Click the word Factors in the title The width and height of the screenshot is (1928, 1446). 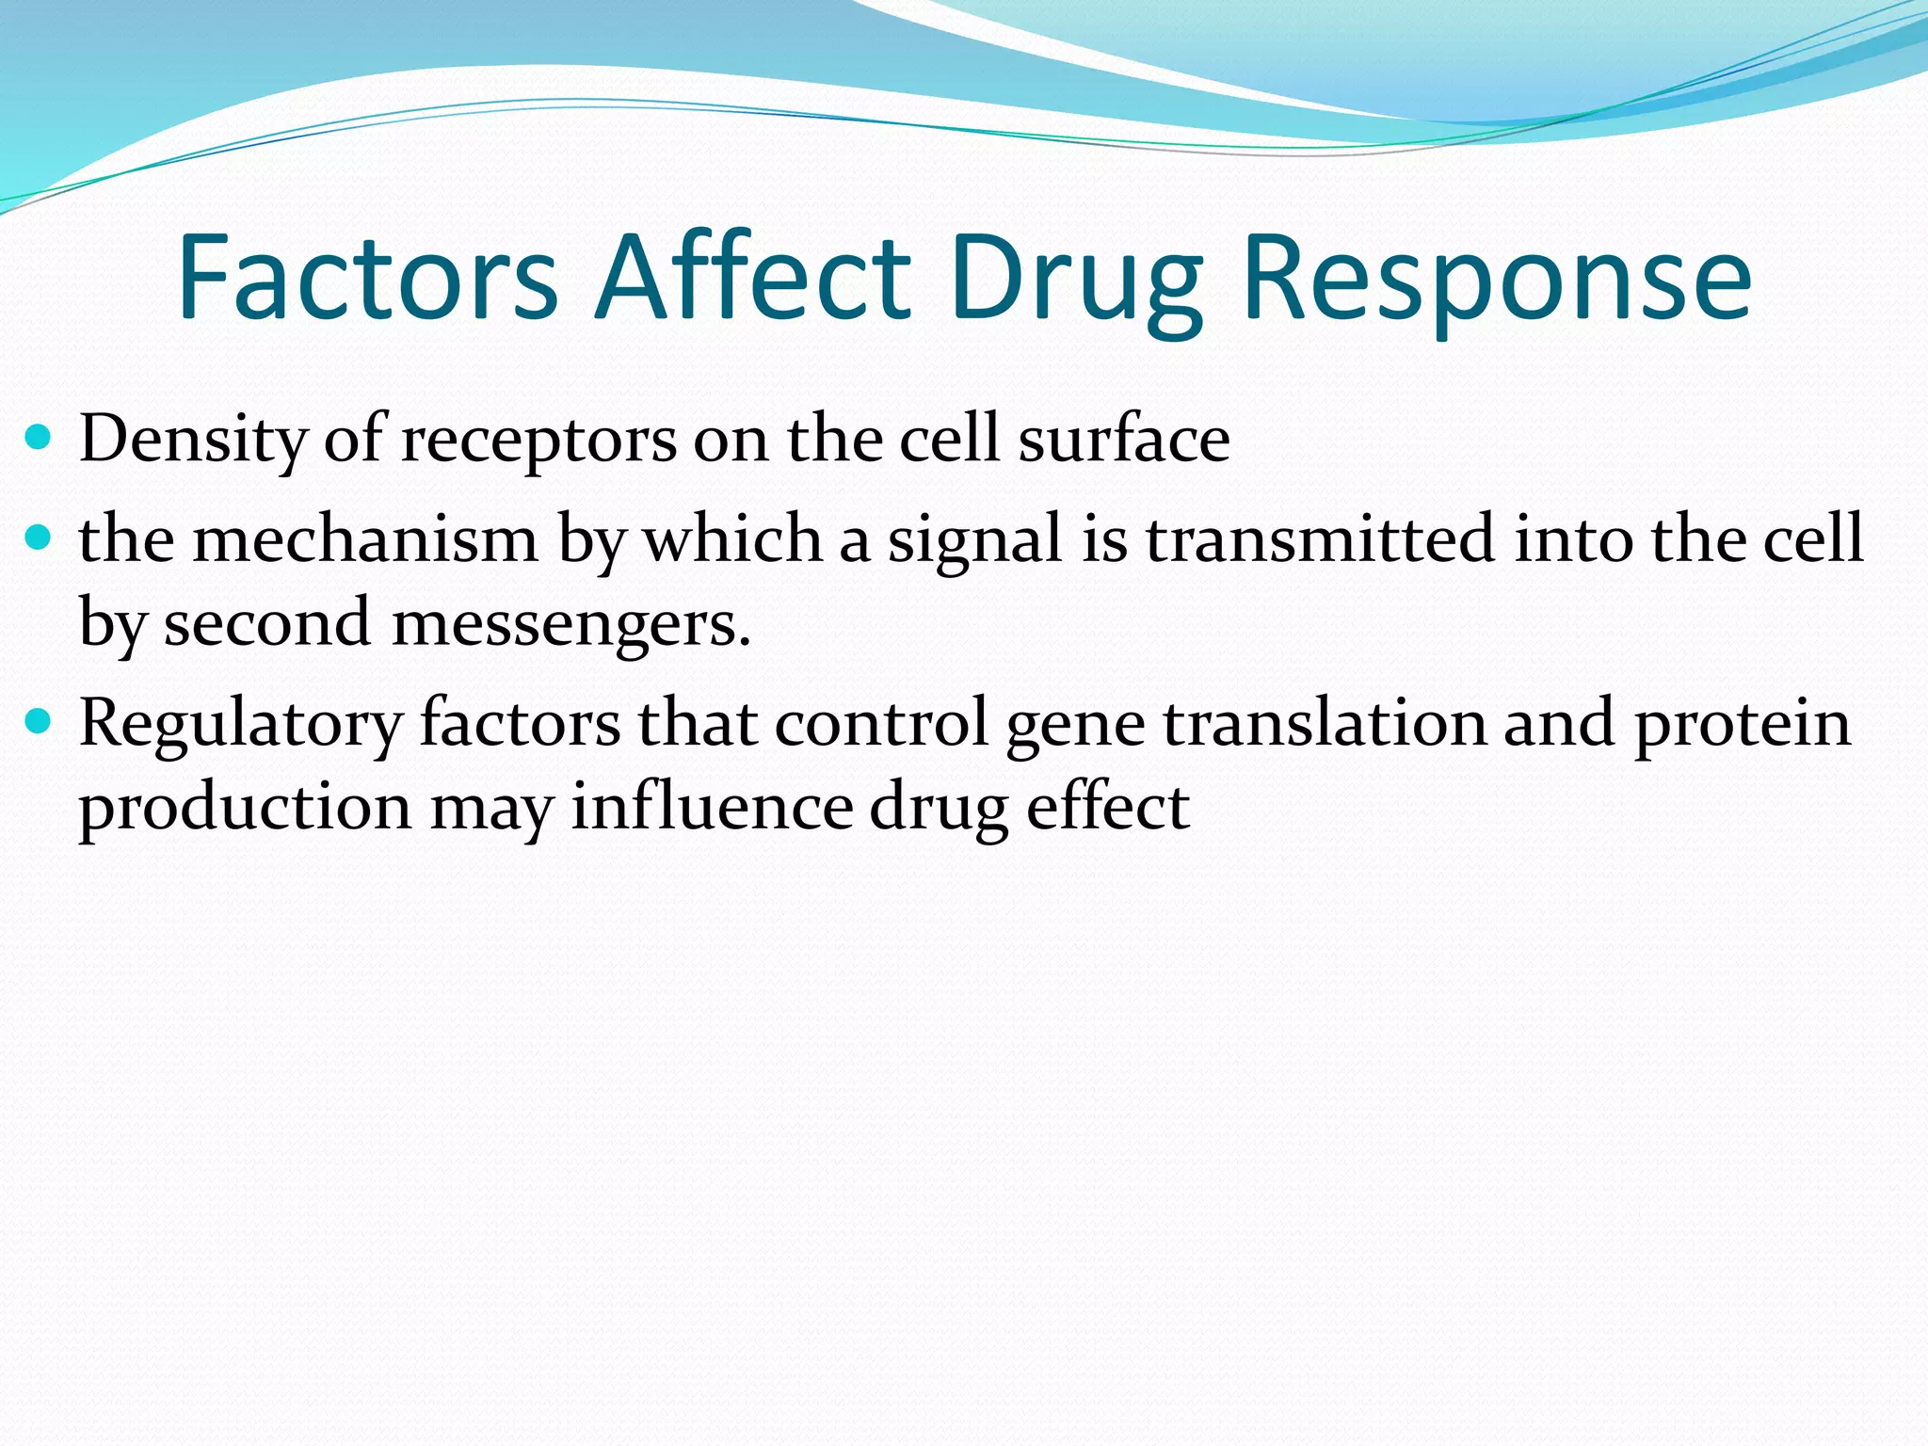click(367, 279)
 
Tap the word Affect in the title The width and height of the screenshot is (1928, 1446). click(753, 279)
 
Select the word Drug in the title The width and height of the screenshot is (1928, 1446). click(1076, 279)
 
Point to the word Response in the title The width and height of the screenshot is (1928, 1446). click(1497, 279)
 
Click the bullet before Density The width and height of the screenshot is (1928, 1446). click(38, 438)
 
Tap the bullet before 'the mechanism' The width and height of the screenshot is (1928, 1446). click(38, 538)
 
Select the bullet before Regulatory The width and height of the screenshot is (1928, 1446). click(38, 722)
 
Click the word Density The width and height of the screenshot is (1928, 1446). click(193, 439)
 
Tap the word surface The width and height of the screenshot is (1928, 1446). click(1124, 439)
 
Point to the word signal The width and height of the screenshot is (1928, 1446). click(975, 540)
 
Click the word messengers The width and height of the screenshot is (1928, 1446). click(570, 624)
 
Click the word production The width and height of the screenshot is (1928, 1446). click(245, 809)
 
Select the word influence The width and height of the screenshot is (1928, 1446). click(712, 807)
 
